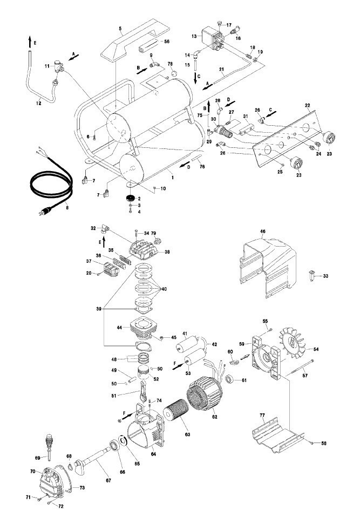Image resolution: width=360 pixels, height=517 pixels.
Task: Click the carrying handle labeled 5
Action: click(128, 43)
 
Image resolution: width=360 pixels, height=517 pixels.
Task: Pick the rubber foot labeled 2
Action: click(130, 198)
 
